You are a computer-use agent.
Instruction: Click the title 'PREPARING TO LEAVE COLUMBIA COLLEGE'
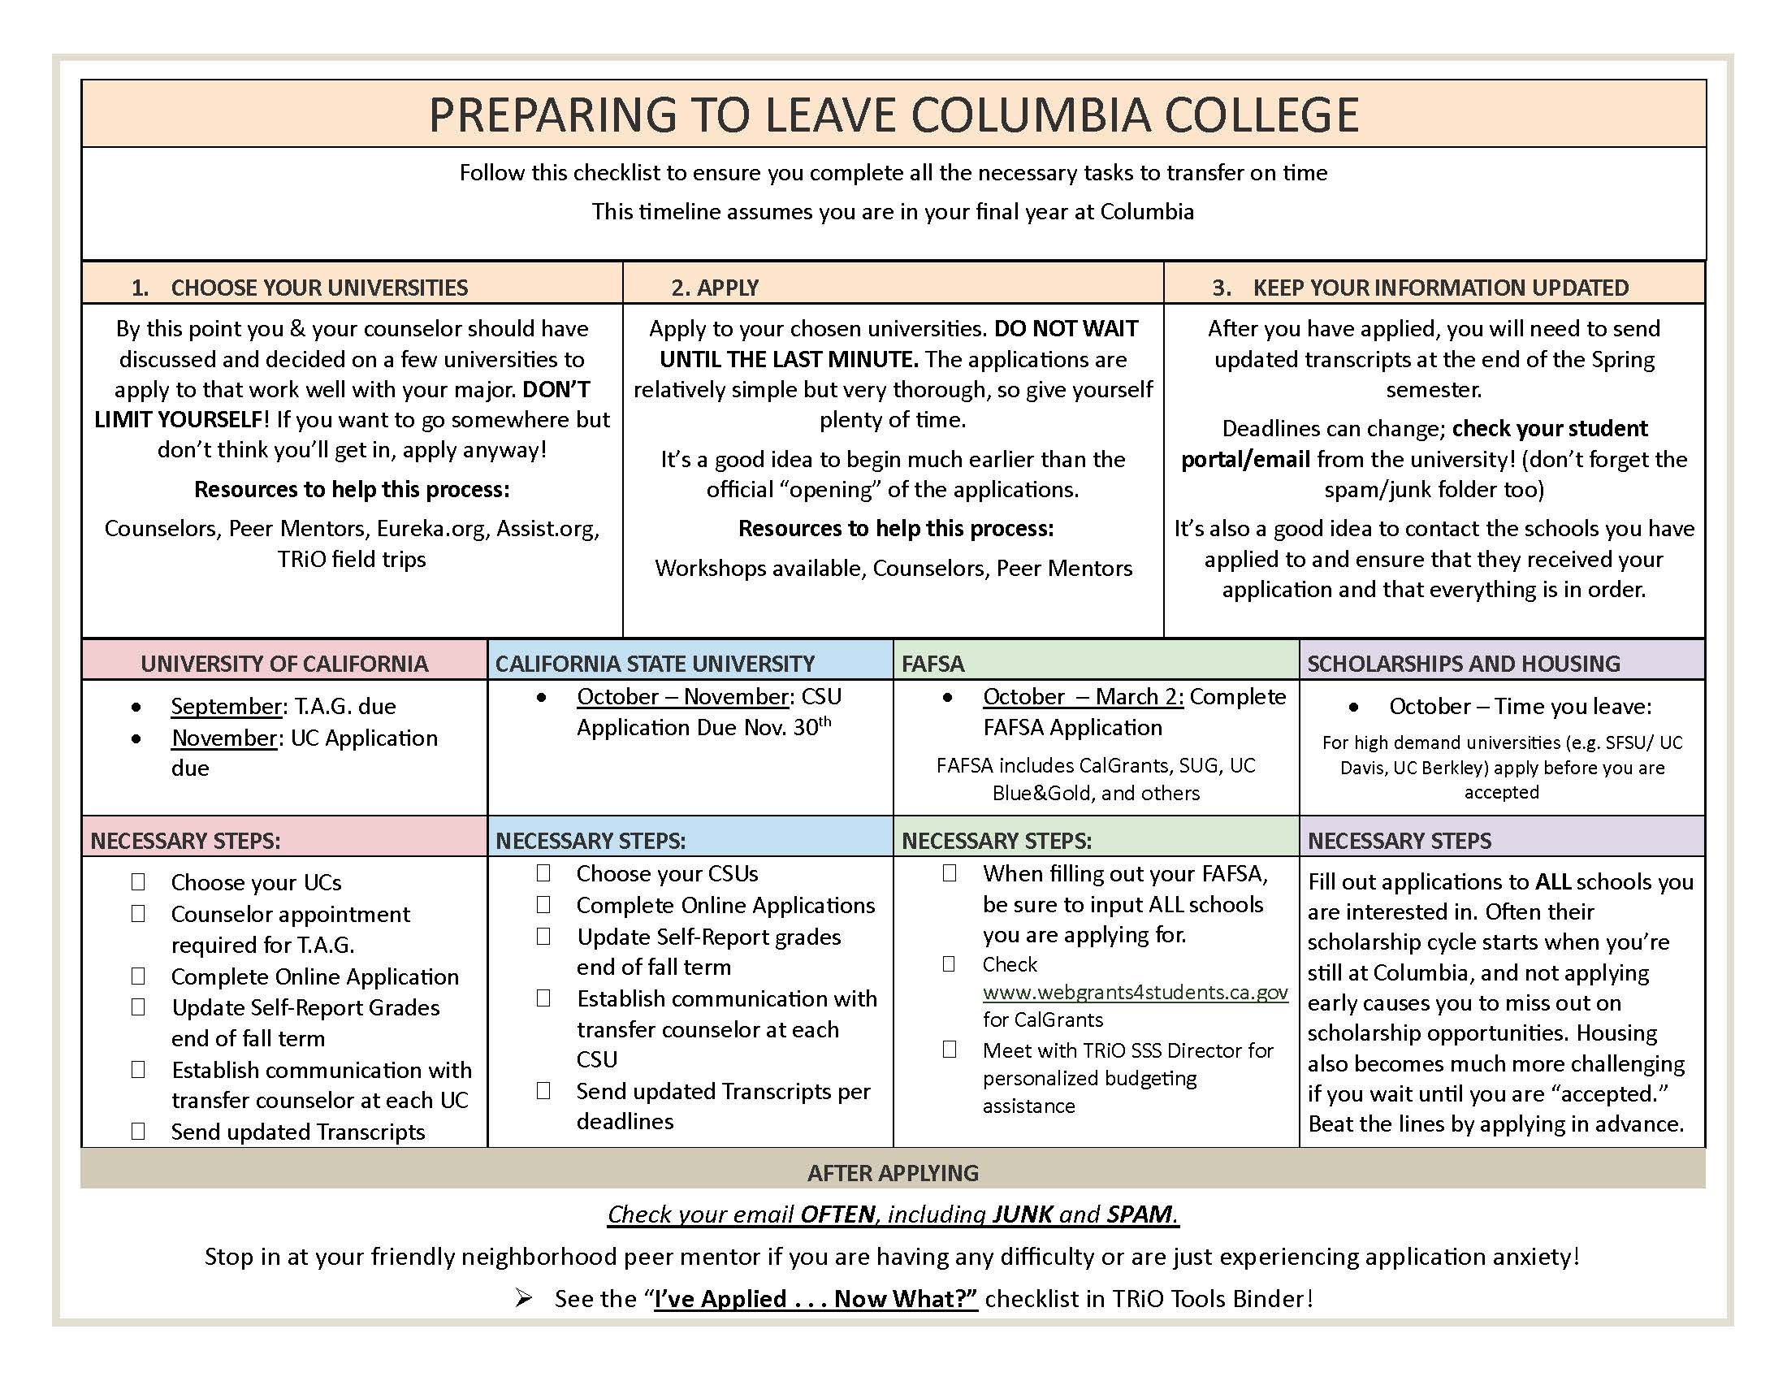coord(893,115)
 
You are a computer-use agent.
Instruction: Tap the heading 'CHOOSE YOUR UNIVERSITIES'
coord(319,288)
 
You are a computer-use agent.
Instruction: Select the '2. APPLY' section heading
coord(714,288)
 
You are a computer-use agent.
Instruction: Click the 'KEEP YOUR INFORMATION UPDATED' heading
coord(1440,288)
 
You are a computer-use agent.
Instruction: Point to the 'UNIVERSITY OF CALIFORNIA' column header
coord(284,664)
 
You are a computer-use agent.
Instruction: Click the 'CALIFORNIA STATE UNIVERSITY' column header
coord(655,664)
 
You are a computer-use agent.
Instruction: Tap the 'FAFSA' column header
coord(932,664)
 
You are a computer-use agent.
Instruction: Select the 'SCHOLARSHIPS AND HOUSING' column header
coord(1463,664)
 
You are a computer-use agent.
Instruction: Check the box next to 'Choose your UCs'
coord(138,882)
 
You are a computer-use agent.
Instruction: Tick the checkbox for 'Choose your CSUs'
coord(543,873)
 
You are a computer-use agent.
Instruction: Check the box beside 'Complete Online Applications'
coord(543,905)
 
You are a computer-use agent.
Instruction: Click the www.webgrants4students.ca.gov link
coord(1135,993)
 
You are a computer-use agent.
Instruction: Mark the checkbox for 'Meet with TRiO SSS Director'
coord(949,1050)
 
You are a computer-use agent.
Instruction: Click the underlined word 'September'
coord(226,706)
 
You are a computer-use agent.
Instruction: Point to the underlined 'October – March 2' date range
coord(1084,697)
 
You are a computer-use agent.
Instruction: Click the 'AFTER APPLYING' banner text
coord(893,1173)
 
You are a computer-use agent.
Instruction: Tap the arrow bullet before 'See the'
coord(524,1298)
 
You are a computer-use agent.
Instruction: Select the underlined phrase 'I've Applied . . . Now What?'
coord(816,1299)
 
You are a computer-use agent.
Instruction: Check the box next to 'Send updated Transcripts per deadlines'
coord(543,1090)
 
